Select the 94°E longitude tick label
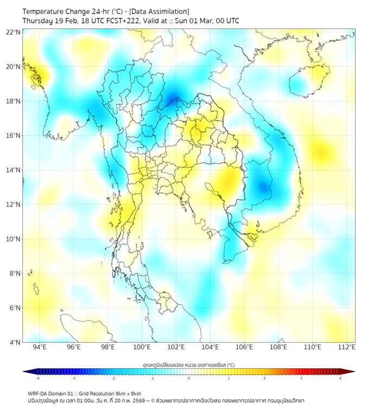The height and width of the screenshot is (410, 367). tap(40, 347)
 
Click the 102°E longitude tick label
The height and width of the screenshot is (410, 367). tap(176, 347)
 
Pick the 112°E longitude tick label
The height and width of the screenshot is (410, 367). tap(347, 347)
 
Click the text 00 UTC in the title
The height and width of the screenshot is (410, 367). tap(226, 21)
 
